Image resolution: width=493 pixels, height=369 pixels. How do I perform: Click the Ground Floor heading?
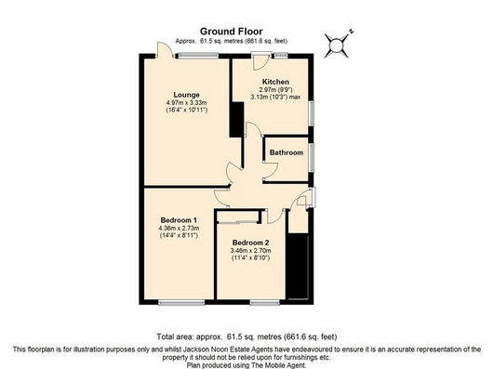[232, 32]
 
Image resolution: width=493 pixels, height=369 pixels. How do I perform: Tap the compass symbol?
[337, 46]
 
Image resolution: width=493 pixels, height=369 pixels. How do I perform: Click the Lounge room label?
[186, 95]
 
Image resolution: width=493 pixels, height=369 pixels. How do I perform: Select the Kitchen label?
[275, 82]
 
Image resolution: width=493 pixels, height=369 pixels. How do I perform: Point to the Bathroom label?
[286, 152]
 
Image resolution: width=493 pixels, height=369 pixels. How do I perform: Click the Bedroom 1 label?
[179, 220]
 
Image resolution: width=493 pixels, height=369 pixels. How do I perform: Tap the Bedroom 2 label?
[250, 243]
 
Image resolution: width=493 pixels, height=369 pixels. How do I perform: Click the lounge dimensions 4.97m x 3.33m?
[186, 102]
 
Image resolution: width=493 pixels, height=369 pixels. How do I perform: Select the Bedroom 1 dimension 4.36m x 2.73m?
[179, 228]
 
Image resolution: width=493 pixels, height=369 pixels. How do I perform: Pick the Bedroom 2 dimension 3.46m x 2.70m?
[250, 251]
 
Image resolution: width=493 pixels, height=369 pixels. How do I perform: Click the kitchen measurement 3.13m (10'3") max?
[275, 97]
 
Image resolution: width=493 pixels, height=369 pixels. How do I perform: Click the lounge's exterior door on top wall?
[166, 49]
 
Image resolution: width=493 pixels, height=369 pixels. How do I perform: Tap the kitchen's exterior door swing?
[261, 62]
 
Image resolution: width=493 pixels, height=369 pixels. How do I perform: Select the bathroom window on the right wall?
[312, 158]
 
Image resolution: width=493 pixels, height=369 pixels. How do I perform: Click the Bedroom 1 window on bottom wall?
[181, 302]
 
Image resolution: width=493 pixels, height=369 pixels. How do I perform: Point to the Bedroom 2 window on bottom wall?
[265, 302]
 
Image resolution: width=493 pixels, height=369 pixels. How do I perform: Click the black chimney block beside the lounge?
[237, 119]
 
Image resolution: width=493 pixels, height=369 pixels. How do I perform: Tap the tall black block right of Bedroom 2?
[298, 267]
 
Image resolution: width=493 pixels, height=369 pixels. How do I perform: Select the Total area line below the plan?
[246, 337]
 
